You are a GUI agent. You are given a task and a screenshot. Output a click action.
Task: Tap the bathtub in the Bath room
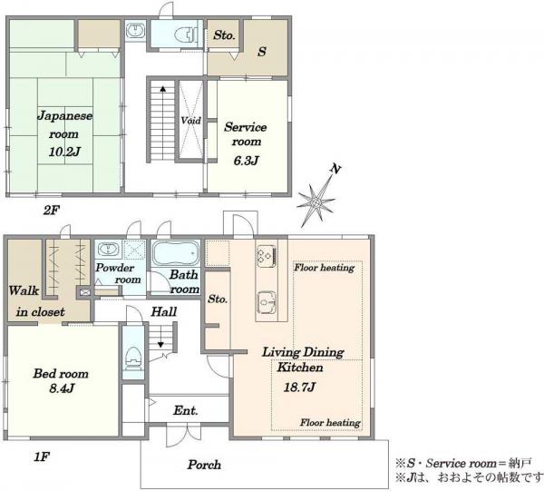click(176, 253)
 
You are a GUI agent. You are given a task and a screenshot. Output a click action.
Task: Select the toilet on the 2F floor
click(186, 34)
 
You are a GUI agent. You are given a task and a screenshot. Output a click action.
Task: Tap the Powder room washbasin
click(109, 250)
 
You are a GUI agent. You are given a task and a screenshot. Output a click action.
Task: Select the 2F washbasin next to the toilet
click(135, 30)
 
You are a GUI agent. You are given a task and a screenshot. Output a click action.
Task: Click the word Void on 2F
click(190, 120)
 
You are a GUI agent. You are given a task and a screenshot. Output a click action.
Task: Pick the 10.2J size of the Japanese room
click(64, 152)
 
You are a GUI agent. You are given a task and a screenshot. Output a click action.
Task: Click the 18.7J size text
click(299, 387)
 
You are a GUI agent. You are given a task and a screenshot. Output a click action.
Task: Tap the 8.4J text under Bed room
click(62, 388)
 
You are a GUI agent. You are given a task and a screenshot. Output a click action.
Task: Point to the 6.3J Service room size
click(246, 161)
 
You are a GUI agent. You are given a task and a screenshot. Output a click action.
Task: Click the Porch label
click(204, 465)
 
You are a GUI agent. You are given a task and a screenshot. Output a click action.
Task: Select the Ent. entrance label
click(186, 411)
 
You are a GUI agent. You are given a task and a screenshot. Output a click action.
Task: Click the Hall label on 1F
click(164, 312)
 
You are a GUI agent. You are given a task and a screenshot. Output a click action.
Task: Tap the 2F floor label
click(52, 210)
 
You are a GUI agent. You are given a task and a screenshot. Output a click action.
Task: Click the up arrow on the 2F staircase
click(162, 89)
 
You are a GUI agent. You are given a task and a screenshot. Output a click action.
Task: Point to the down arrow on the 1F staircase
click(160, 345)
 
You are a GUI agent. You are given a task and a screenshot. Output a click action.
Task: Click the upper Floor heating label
click(325, 268)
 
